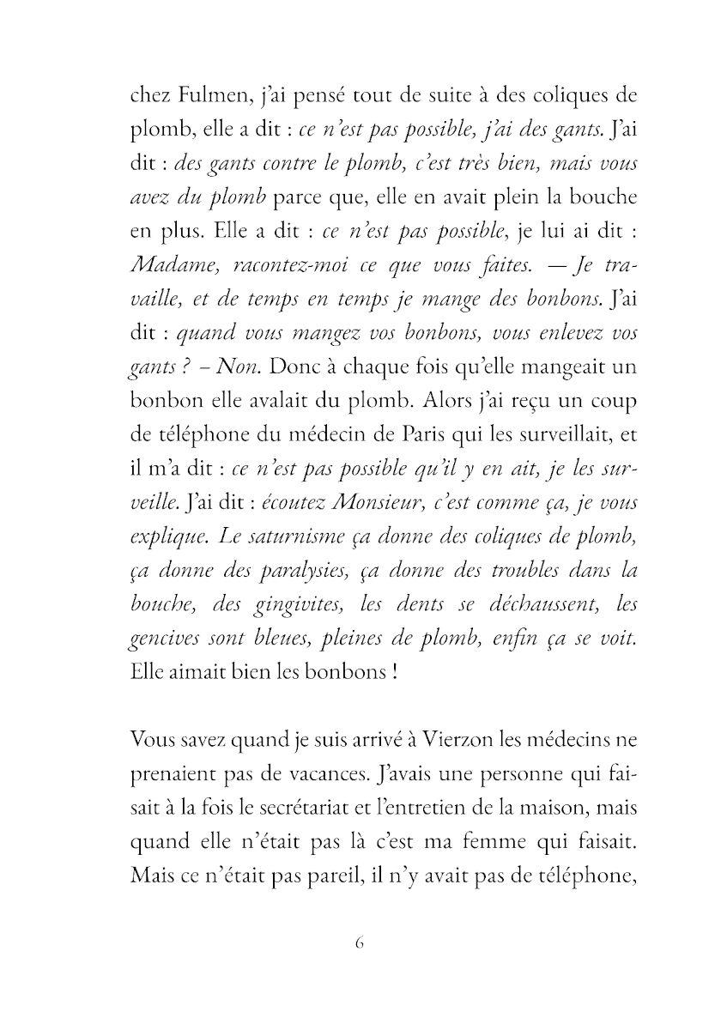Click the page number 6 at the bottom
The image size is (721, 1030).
coord(360,942)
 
